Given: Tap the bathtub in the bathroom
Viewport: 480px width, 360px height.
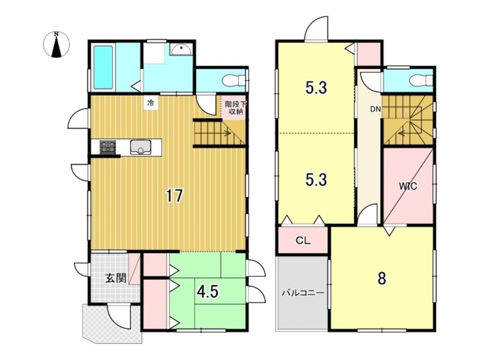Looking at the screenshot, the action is (x=104, y=67).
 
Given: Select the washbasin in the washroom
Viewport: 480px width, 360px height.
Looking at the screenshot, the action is (x=181, y=49).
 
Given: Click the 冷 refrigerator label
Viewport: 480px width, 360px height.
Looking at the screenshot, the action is (x=150, y=103).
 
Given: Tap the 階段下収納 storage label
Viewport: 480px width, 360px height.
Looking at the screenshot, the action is (x=234, y=108).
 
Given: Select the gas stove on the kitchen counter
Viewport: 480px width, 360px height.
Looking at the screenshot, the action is (x=108, y=147).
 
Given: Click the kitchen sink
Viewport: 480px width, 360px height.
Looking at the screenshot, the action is (x=140, y=147).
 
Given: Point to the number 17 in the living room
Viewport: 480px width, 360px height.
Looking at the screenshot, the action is (x=174, y=196).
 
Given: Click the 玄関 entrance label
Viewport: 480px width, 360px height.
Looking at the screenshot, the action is (x=116, y=278).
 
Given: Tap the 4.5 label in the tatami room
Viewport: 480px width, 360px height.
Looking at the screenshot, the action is (x=207, y=292).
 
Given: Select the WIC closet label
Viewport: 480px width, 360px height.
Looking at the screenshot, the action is (x=408, y=186).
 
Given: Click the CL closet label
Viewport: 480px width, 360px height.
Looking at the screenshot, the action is (x=303, y=240).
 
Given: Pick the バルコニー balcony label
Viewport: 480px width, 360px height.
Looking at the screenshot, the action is (x=303, y=293).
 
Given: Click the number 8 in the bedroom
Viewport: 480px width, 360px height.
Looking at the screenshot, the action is (x=382, y=278).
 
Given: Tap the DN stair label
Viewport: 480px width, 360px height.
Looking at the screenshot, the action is (x=375, y=109).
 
